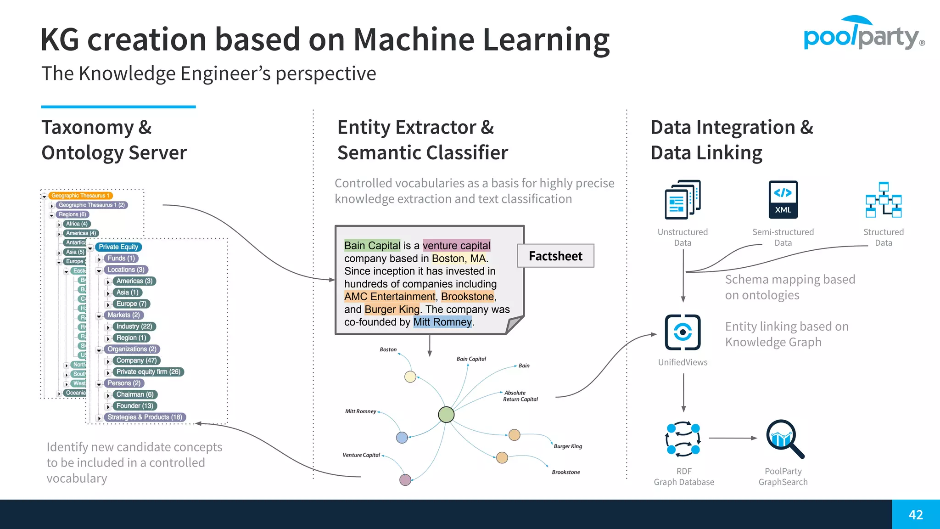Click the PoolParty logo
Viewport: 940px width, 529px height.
coord(863,34)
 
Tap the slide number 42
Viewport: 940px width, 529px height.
coord(915,515)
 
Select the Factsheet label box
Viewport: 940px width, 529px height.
coord(555,256)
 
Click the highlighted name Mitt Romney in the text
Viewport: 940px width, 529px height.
coord(442,322)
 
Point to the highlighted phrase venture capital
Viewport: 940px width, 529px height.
coord(456,246)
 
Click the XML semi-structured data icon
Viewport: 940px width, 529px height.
coord(783,200)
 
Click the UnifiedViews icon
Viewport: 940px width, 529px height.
coord(683,332)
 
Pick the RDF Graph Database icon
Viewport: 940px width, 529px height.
coord(683,439)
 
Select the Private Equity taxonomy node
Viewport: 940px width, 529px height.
coord(118,247)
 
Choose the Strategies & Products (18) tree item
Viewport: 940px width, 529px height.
coord(145,417)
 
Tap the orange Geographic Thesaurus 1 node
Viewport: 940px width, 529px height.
coord(80,196)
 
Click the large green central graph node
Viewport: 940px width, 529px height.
coord(446,415)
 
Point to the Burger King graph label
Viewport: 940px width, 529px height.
coord(567,446)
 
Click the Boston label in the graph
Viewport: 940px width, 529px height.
coord(388,349)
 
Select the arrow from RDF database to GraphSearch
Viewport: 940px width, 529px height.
coord(733,438)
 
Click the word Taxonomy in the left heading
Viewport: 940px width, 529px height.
coord(87,127)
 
